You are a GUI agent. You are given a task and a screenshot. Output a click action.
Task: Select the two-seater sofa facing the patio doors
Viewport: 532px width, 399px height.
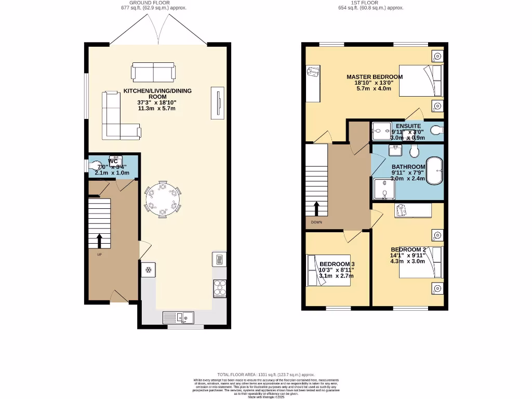pos(153,72)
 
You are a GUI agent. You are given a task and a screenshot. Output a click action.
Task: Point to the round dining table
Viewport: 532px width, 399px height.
pos(163,198)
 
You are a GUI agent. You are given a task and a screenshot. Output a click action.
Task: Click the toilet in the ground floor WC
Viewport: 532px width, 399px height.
pos(97,166)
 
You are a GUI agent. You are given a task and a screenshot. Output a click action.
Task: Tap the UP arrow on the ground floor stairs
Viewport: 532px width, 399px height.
pos(99,241)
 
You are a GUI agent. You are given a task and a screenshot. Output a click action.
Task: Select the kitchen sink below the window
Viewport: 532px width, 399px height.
pos(178,317)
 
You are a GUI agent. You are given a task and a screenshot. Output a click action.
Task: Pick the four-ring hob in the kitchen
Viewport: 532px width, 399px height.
pos(219,287)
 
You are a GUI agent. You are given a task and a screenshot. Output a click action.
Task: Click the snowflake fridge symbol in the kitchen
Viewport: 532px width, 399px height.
pos(148,270)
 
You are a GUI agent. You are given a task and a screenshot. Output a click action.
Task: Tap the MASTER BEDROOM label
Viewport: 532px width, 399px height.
pos(375,77)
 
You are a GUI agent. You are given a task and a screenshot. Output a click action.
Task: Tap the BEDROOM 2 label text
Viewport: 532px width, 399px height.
pos(408,250)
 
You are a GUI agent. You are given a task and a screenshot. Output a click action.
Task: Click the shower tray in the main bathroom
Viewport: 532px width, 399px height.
pos(384,190)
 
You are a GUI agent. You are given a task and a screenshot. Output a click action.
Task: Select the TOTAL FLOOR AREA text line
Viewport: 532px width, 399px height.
pos(265,375)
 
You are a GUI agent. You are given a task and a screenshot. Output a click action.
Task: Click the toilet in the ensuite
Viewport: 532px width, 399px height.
pos(435,130)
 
